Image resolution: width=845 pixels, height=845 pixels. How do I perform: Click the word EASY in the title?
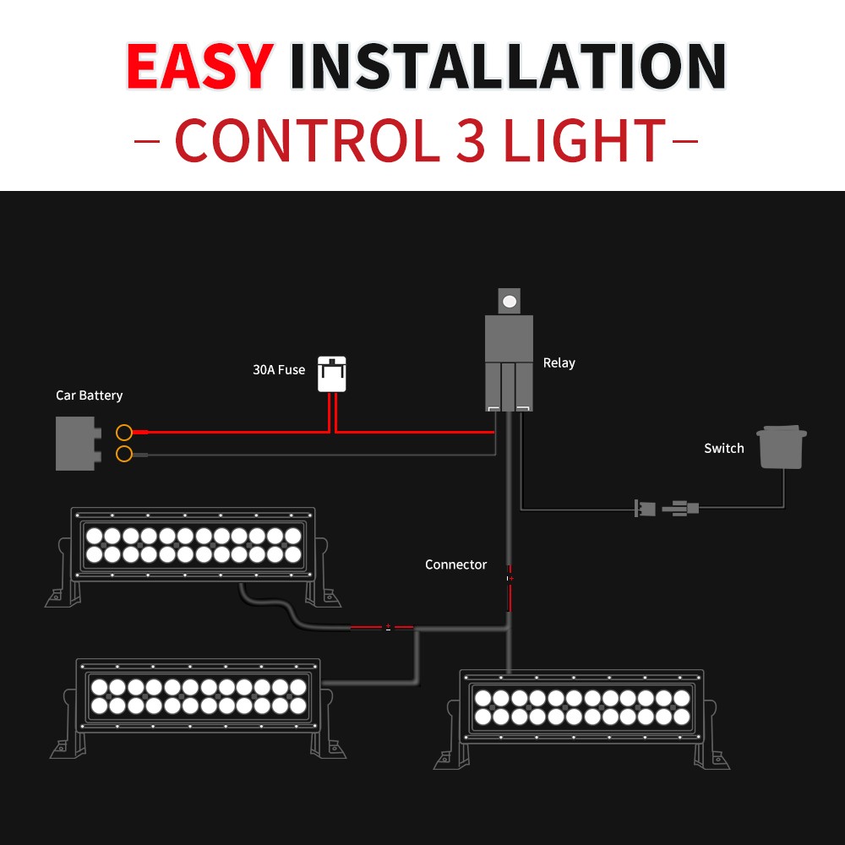(x=200, y=66)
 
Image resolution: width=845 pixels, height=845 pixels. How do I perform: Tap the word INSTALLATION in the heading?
(x=508, y=66)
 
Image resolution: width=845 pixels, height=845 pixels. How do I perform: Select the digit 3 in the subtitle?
(x=471, y=140)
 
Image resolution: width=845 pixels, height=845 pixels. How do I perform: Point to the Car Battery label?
(x=90, y=395)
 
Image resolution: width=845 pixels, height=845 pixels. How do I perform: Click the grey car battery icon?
(x=79, y=443)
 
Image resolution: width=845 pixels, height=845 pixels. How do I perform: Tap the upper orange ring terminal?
(x=124, y=432)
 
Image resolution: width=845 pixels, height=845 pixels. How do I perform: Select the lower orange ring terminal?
(x=124, y=454)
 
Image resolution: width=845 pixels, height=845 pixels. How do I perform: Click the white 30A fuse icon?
(x=331, y=373)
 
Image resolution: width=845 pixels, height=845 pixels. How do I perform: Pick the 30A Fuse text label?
(x=279, y=370)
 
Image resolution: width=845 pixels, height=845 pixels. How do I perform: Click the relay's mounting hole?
(x=510, y=302)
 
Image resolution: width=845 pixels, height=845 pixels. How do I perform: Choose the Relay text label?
(x=559, y=363)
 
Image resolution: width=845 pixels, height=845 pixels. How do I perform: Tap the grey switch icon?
(x=782, y=447)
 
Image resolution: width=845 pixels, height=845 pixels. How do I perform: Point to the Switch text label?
(x=724, y=449)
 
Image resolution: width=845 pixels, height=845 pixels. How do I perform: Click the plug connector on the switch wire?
(x=667, y=508)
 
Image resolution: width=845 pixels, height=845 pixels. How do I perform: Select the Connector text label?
(x=455, y=564)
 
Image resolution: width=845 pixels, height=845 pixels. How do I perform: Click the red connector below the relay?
(x=510, y=588)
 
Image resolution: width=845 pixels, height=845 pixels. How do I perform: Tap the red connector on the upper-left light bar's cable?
(x=383, y=627)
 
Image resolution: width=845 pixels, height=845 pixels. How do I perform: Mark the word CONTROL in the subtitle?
(x=308, y=140)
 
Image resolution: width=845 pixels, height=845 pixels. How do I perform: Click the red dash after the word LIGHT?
(x=685, y=141)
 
